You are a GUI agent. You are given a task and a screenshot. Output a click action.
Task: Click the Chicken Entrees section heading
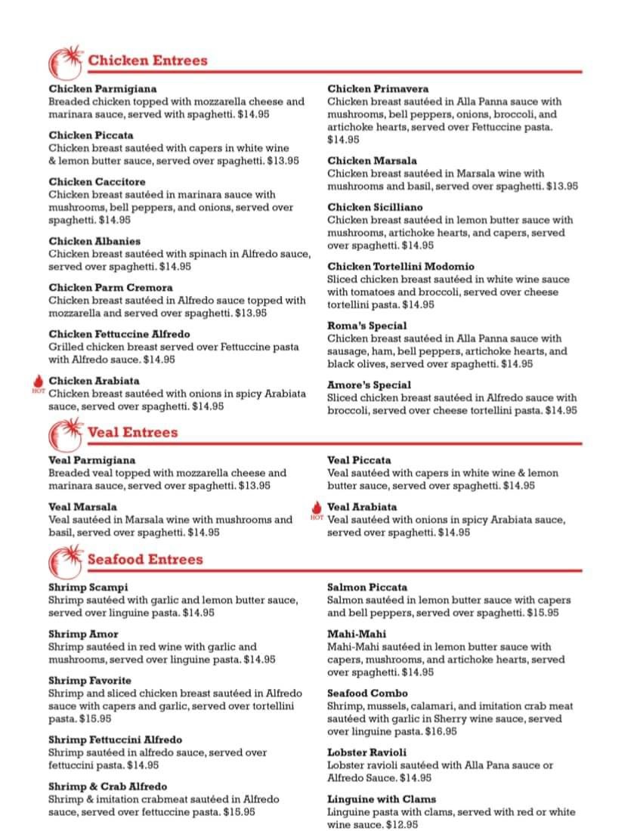click(147, 60)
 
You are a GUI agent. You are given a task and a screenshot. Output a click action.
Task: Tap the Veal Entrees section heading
click(132, 432)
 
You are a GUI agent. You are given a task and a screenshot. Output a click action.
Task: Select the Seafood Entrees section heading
click(145, 559)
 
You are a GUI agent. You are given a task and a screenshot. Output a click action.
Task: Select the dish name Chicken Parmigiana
click(103, 88)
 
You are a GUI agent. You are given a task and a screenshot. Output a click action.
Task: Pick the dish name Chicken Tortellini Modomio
click(401, 267)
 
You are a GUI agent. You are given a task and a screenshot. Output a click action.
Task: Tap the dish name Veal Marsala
click(82, 507)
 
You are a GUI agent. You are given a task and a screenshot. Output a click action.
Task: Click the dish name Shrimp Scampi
click(88, 587)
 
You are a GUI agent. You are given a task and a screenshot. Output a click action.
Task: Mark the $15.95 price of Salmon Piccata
click(543, 613)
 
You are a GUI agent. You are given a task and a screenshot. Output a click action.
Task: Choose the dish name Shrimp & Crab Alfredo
click(107, 786)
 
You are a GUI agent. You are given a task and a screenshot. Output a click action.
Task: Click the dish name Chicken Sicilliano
click(375, 207)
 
